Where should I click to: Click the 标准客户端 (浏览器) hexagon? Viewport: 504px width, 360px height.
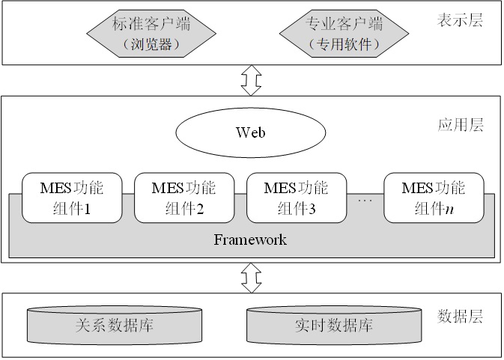pyautogui.click(x=151, y=34)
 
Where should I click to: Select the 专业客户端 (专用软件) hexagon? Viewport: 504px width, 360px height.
pyautogui.click(x=344, y=34)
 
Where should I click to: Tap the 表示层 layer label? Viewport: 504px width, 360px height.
pyautogui.click(x=460, y=20)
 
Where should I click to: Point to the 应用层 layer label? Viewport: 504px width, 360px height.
pyautogui.click(x=461, y=125)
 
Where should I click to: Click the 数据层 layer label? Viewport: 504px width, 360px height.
pyautogui.click(x=460, y=317)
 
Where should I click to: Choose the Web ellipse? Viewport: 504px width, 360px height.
pyautogui.click(x=251, y=132)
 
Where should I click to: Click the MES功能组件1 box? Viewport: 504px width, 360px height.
pyautogui.click(x=72, y=198)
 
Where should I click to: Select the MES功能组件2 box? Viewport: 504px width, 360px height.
pyautogui.click(x=184, y=198)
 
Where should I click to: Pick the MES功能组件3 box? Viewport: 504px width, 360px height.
pyautogui.click(x=297, y=198)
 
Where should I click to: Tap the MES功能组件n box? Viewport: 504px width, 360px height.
pyautogui.click(x=434, y=198)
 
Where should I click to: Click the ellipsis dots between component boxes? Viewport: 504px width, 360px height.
pyautogui.click(x=365, y=201)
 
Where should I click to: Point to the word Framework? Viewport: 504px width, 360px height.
pyautogui.click(x=250, y=240)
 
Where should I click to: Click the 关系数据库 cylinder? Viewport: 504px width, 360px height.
pyautogui.click(x=115, y=326)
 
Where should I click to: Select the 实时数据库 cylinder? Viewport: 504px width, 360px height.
pyautogui.click(x=334, y=325)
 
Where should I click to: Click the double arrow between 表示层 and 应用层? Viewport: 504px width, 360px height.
pyautogui.click(x=251, y=80)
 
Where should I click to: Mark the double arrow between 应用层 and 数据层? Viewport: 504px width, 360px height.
pyautogui.click(x=251, y=278)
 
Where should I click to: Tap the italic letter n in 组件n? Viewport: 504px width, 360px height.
pyautogui.click(x=449, y=210)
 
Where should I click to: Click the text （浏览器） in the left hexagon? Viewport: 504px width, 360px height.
pyautogui.click(x=151, y=44)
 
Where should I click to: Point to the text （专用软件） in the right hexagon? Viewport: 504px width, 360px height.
pyautogui.click(x=344, y=44)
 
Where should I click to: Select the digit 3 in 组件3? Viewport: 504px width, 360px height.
pyautogui.click(x=312, y=209)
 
